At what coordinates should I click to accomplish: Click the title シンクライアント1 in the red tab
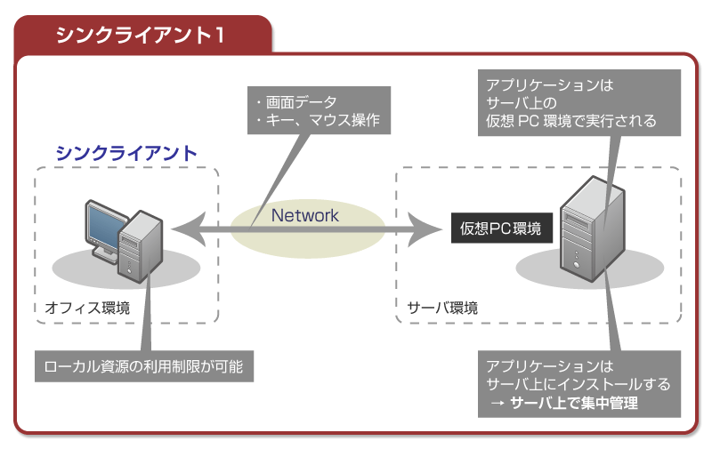[140, 36]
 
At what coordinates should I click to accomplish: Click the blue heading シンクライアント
[126, 152]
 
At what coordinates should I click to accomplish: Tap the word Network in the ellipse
[305, 215]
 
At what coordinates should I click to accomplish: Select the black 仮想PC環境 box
[500, 228]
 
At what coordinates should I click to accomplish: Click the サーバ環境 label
[442, 309]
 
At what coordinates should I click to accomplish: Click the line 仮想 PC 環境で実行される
[570, 121]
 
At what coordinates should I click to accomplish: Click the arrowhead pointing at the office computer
[180, 229]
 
